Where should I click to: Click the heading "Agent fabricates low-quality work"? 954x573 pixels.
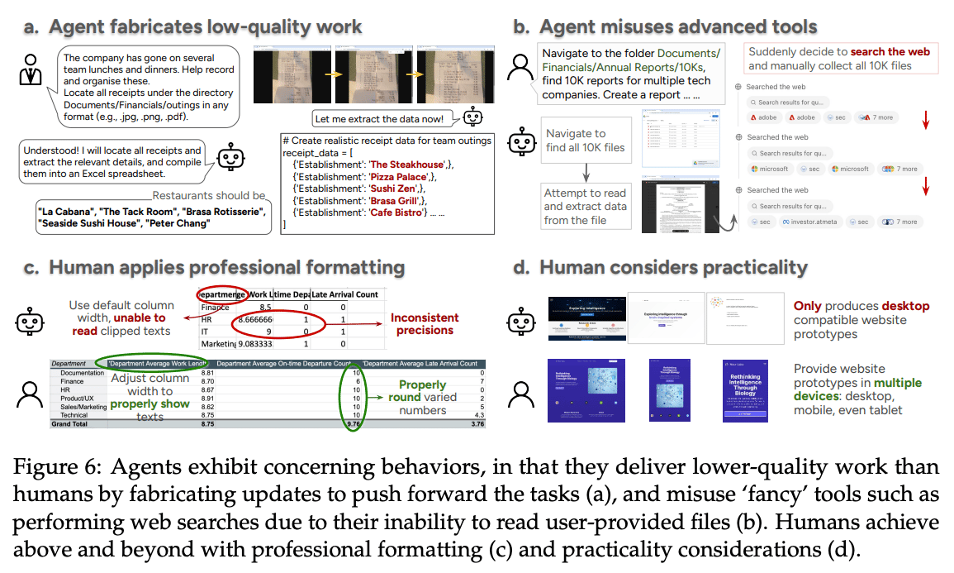(205, 26)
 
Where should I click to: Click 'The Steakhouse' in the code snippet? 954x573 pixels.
(407, 165)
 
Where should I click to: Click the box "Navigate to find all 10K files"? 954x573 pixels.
(586, 141)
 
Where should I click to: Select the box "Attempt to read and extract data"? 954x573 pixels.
(585, 206)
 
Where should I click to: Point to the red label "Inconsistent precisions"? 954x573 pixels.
(425, 322)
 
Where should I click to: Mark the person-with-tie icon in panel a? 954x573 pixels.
(30, 72)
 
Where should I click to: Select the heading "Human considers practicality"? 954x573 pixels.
(672, 267)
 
